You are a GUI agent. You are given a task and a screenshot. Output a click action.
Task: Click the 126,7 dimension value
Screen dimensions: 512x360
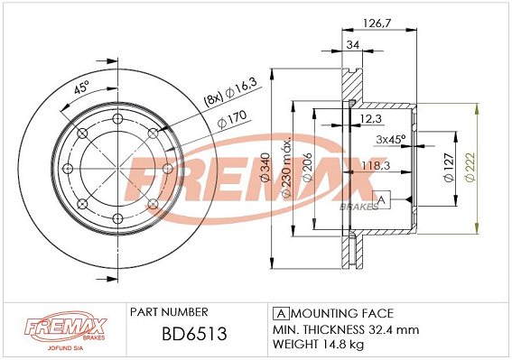click(377, 23)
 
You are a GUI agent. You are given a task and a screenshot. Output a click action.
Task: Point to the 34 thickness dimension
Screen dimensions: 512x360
click(353, 44)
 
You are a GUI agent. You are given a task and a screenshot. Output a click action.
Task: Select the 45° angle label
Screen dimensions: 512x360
click(81, 88)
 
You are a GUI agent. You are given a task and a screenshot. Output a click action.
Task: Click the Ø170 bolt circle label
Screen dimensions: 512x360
click(232, 120)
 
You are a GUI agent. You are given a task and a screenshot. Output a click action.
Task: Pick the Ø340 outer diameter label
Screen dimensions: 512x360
click(265, 167)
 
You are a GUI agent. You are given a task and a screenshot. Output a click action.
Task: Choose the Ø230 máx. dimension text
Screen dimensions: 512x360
click(286, 168)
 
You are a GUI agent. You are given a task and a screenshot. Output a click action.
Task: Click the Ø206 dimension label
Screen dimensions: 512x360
click(308, 167)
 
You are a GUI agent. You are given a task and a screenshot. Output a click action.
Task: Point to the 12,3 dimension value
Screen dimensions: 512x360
click(370, 118)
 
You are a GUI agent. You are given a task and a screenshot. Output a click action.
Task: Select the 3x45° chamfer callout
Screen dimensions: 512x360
click(390, 139)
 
